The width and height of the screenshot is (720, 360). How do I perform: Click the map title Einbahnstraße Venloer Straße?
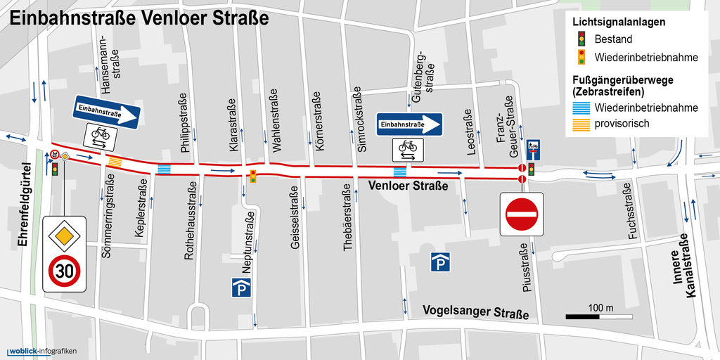pyautogui.click(x=139, y=18)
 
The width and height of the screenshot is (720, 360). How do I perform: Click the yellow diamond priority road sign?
pyautogui.click(x=64, y=233)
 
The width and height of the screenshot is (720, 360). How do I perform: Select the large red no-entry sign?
pyautogui.click(x=522, y=214)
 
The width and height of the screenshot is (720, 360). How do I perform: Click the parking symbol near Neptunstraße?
pyautogui.click(x=240, y=288)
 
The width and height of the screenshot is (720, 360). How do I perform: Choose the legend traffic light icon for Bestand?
pyautogui.click(x=581, y=39)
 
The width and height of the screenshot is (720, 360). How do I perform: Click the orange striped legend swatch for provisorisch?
pyautogui.click(x=581, y=124)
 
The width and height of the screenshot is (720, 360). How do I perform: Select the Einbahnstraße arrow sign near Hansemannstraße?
pyautogui.click(x=107, y=110)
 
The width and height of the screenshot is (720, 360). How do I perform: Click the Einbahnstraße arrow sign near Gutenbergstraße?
pyautogui.click(x=409, y=125)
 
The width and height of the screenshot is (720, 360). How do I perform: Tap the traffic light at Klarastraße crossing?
pyautogui.click(x=252, y=176)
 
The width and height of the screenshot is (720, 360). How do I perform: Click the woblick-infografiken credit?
pyautogui.click(x=41, y=351)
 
